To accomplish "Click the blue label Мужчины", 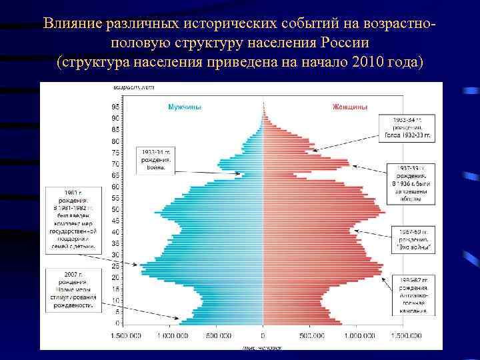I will click(x=185, y=107).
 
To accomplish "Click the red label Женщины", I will click(x=351, y=107).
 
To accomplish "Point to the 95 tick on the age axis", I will click(x=115, y=107).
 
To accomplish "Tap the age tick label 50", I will click(x=115, y=209).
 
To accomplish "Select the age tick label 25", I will click(x=115, y=266).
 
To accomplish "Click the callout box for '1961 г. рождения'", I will click(x=73, y=221).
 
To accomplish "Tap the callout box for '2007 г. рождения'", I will click(x=73, y=289).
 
